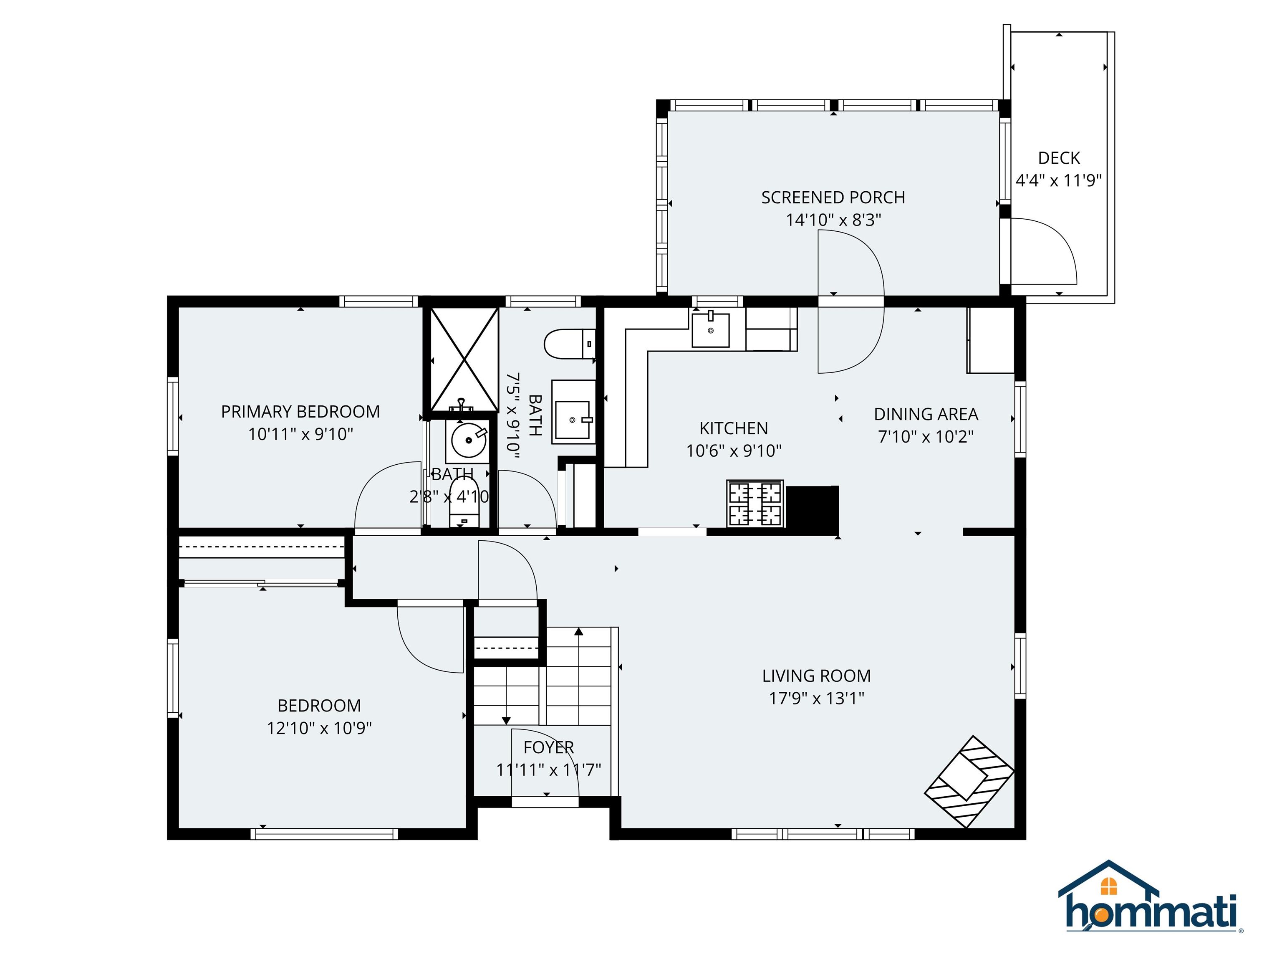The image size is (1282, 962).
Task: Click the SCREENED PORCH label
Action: (x=833, y=198)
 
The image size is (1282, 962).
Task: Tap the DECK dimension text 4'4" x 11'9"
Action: (x=1058, y=180)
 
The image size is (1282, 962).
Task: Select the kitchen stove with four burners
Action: (x=755, y=503)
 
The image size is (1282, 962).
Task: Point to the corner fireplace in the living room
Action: (x=969, y=781)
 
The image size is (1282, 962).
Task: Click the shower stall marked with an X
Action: (x=464, y=359)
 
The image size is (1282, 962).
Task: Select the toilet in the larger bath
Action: (x=568, y=344)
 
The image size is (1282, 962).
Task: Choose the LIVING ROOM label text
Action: (x=816, y=676)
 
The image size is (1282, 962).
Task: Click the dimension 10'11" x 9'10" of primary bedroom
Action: (x=300, y=434)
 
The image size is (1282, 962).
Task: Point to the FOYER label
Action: (x=548, y=747)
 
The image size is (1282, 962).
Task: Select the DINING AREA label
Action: (x=926, y=415)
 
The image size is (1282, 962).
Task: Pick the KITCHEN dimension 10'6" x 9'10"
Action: (x=734, y=451)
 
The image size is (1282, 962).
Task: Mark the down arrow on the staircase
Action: (x=506, y=720)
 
